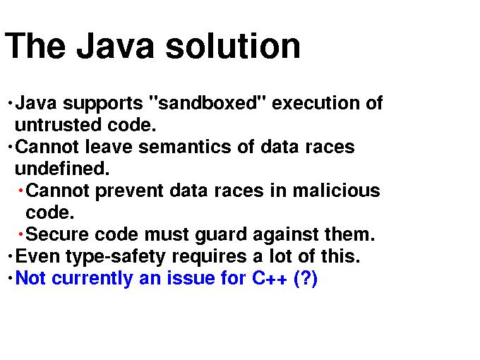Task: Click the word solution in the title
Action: click(233, 46)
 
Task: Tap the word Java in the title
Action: click(115, 46)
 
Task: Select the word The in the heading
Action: click(35, 46)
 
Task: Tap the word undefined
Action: click(62, 169)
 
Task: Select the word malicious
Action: click(336, 191)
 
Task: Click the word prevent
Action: click(129, 191)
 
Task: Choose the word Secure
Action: click(57, 234)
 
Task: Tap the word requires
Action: click(209, 256)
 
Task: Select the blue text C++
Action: click(270, 278)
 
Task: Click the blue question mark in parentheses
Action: click(305, 279)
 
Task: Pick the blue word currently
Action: click(92, 279)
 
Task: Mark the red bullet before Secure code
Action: click(20, 234)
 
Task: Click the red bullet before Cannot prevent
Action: click(20, 191)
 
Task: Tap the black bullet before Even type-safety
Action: click(10, 256)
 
